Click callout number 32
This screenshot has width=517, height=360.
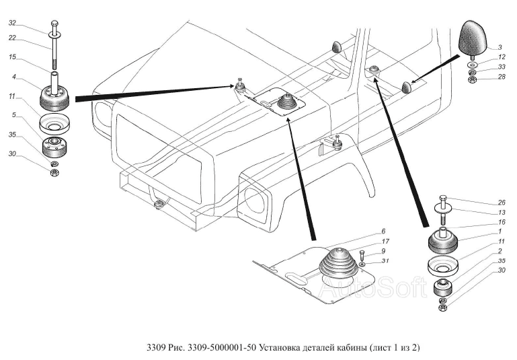(12, 23)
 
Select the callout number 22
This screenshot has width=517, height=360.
(12, 38)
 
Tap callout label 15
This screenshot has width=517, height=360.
(12, 58)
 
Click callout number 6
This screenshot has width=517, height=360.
(381, 231)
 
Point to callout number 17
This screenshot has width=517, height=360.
(384, 242)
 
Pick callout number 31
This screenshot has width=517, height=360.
(384, 261)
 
